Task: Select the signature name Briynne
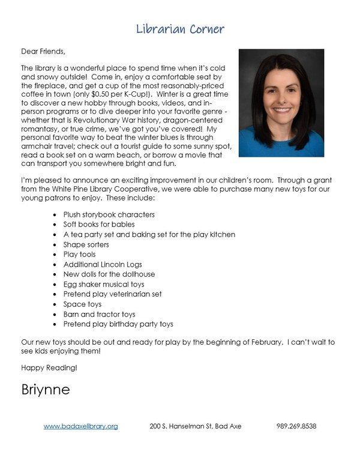46,389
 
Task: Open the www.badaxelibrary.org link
80,426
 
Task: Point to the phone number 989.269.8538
296,426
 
